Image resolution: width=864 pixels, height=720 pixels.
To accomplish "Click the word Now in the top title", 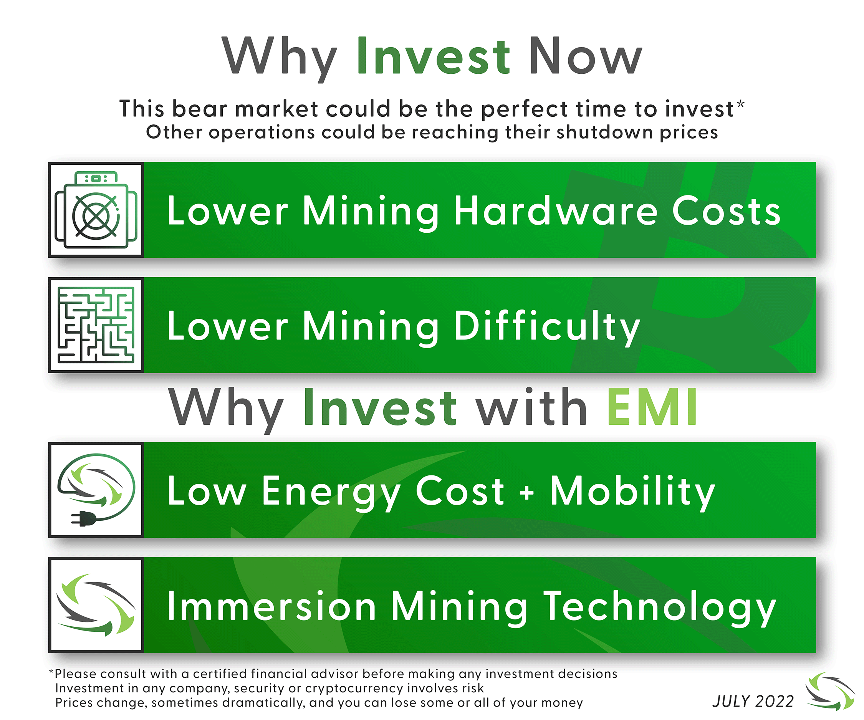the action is click(586, 56).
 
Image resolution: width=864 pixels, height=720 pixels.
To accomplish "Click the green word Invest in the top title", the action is click(433, 56).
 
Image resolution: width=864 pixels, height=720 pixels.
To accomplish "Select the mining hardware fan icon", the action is click(96, 210).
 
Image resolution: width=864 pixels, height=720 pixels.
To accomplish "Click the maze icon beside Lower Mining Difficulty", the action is click(96, 325).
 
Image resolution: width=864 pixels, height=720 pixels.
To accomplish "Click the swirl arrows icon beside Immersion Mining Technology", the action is click(96, 605).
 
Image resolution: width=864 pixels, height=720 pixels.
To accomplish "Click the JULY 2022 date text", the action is click(753, 702).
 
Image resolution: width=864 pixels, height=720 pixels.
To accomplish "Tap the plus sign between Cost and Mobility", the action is click(527, 492).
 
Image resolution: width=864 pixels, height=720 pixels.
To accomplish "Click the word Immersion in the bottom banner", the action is click(271, 606).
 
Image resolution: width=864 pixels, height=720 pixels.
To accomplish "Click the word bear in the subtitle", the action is click(199, 109).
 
